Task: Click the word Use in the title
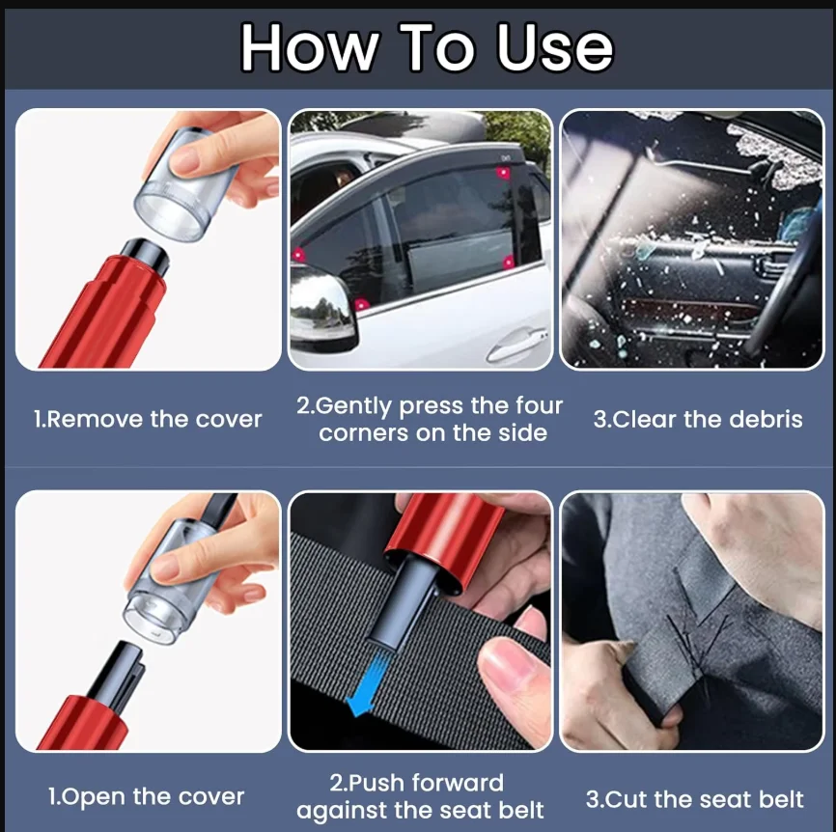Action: (x=555, y=47)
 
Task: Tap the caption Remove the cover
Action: (x=148, y=420)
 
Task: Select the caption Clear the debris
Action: (x=698, y=420)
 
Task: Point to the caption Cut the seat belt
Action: (x=695, y=799)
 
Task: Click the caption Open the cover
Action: (x=146, y=797)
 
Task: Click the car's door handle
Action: (x=517, y=344)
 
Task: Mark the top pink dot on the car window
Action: (x=503, y=173)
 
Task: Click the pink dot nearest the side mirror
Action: (x=361, y=305)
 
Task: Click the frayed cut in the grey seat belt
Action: (x=693, y=645)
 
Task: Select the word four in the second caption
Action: (x=539, y=406)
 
